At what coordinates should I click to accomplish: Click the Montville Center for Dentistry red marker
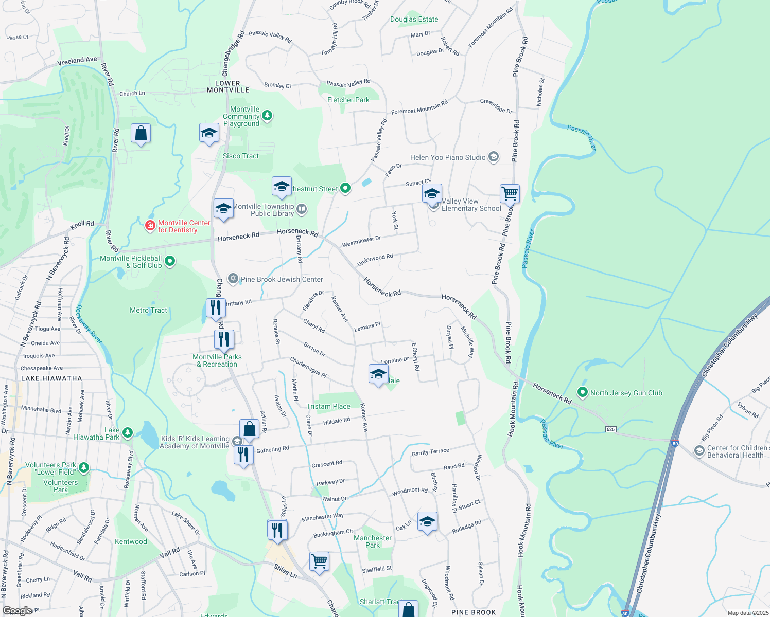150,226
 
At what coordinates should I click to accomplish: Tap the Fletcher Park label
348,100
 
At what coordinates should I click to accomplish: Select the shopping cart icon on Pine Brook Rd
510,194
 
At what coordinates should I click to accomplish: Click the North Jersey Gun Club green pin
582,392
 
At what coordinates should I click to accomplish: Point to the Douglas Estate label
414,19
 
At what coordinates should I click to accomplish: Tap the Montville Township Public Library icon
302,209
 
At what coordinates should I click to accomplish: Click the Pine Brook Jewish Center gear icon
233,279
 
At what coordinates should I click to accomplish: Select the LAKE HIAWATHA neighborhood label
51,378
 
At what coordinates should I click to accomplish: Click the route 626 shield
610,429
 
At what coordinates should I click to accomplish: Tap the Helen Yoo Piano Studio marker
493,157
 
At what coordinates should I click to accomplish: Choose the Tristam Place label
328,406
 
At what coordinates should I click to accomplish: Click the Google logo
17,611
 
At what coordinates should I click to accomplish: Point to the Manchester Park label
372,541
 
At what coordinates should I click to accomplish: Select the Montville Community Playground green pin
267,115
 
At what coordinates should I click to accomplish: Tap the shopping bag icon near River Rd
141,134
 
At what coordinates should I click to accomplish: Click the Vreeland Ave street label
77,61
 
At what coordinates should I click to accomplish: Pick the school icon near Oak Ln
427,522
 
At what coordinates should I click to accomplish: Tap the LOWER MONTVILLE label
228,86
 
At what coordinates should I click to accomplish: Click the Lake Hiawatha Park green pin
128,432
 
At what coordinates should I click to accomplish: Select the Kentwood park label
131,541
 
